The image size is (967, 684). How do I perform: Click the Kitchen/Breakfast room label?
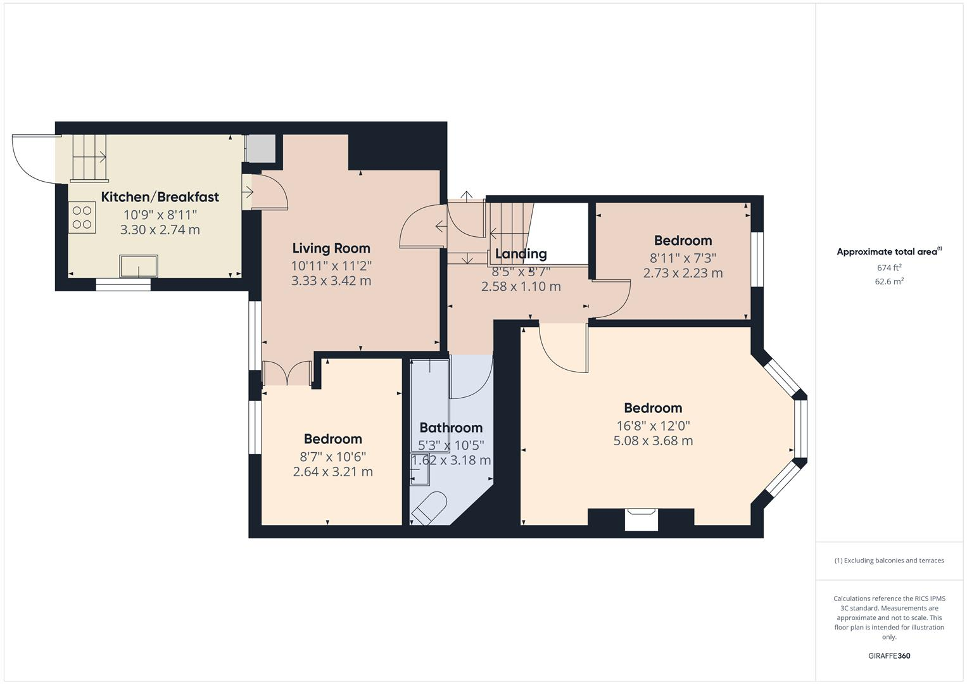pos(160,197)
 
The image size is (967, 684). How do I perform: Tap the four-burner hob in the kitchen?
pos(82,217)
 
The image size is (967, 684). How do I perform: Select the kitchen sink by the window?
pos(139,267)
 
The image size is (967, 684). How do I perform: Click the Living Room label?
pos(331,248)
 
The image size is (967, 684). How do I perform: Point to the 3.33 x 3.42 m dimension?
pos(331,281)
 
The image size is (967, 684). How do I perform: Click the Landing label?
pos(521,254)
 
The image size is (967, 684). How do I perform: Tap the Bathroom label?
pos(451,427)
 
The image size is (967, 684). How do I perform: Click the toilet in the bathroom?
pos(428,509)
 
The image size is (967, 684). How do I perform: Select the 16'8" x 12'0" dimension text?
pos(653,426)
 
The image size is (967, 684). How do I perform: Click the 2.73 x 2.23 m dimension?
pos(683,273)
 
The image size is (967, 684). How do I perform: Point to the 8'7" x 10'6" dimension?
pos(332,456)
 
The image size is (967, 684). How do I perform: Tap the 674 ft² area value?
pos(889,268)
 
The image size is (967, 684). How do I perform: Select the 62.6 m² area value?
pos(889,282)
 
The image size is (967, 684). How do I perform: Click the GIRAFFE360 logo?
pos(889,655)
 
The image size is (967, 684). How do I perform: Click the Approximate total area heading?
pos(889,252)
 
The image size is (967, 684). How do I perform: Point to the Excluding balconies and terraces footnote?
pos(889,560)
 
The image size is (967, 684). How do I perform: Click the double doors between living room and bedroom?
pos(287,373)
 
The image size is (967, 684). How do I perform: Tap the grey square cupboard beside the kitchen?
pos(260,148)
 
